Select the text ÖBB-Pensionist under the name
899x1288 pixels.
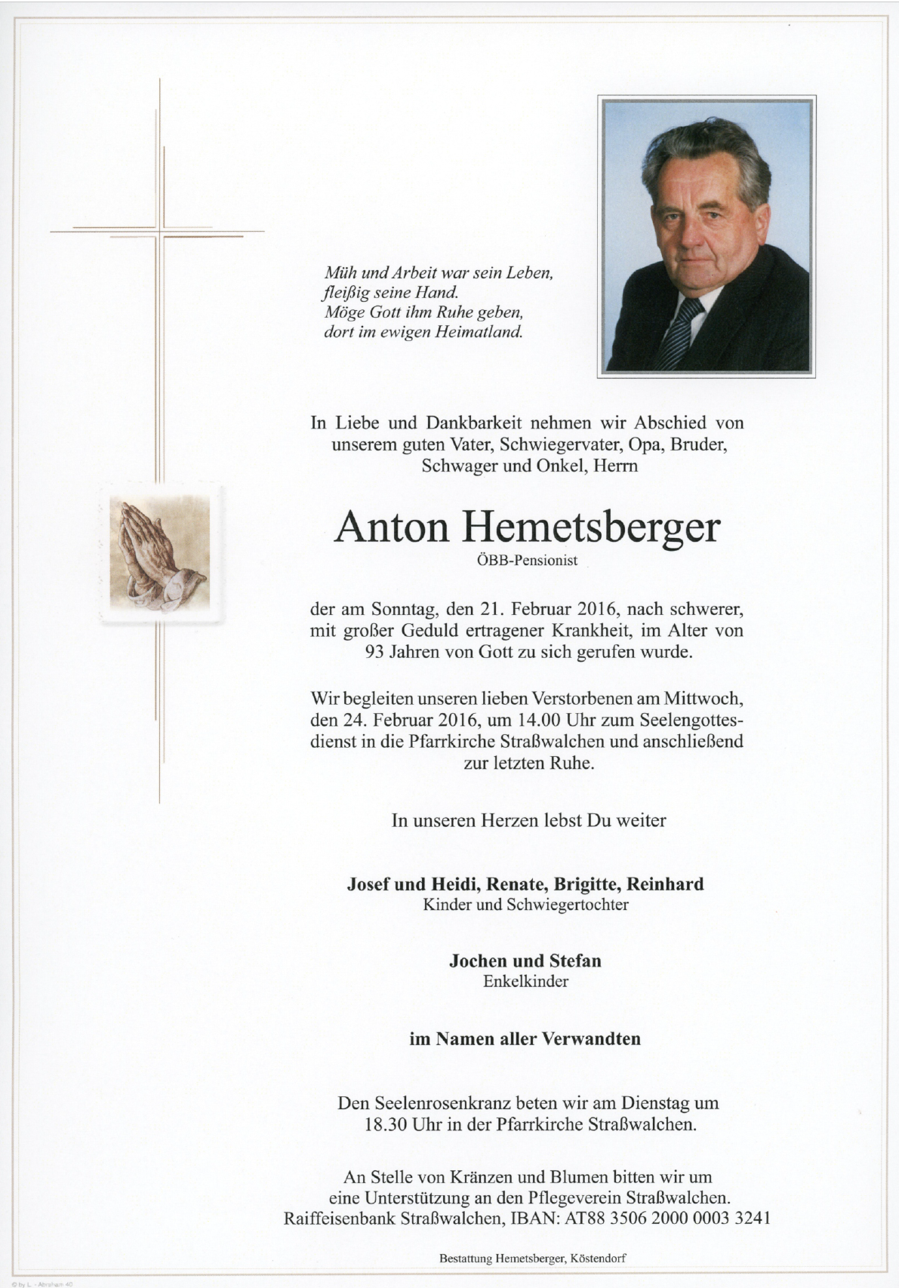click(x=527, y=561)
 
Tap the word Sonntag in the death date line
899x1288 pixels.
click(x=400, y=608)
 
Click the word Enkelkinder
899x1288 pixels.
click(x=525, y=982)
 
